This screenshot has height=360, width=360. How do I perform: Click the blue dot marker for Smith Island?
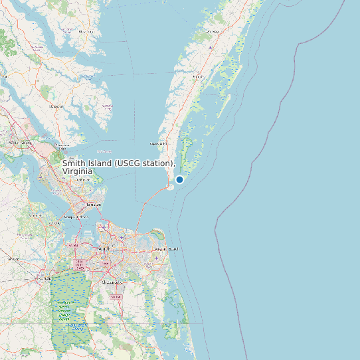179,179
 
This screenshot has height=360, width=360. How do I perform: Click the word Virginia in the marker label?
76,171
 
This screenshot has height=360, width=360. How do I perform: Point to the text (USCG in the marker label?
131,163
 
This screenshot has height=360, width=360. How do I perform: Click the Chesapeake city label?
112,282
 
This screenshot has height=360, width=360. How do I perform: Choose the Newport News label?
76,217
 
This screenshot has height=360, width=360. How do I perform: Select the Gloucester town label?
62,145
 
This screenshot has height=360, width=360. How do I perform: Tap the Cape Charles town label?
159,143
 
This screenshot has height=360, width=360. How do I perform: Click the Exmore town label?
197,77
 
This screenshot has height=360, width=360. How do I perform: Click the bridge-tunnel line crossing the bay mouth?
143,213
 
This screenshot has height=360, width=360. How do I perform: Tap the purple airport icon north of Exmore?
210,48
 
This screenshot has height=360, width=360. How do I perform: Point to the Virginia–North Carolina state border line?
100,323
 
